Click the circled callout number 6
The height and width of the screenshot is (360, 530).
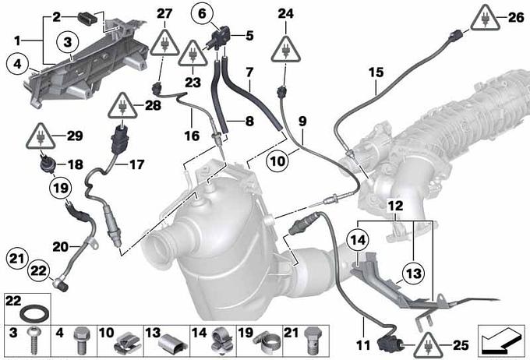pyautogui.click(x=202, y=14)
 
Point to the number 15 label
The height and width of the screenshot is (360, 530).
pyautogui.click(x=376, y=72)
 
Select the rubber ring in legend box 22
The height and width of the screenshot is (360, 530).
pyautogui.click(x=35, y=314)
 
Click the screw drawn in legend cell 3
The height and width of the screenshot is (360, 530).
pyautogui.click(x=33, y=340)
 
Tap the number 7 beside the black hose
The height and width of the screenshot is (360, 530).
pyautogui.click(x=249, y=72)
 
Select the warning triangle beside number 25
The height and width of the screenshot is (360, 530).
pyautogui.click(x=429, y=345)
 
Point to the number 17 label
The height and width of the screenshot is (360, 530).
pyautogui.click(x=137, y=164)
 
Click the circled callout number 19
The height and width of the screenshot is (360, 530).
pyautogui.click(x=61, y=188)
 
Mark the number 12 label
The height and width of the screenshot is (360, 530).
pyautogui.click(x=396, y=206)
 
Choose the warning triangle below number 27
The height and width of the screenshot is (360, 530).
pyautogui.click(x=164, y=43)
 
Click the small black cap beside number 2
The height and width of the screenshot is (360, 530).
pyautogui.click(x=86, y=17)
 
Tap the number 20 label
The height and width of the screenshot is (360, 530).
pyautogui.click(x=61, y=247)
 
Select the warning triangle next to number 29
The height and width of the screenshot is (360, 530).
pyautogui.click(x=41, y=136)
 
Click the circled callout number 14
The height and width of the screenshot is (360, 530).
pyautogui.click(x=358, y=240)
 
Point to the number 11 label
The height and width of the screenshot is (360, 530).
pyautogui.click(x=363, y=345)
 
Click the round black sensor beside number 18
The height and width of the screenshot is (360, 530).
pyautogui.click(x=46, y=164)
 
